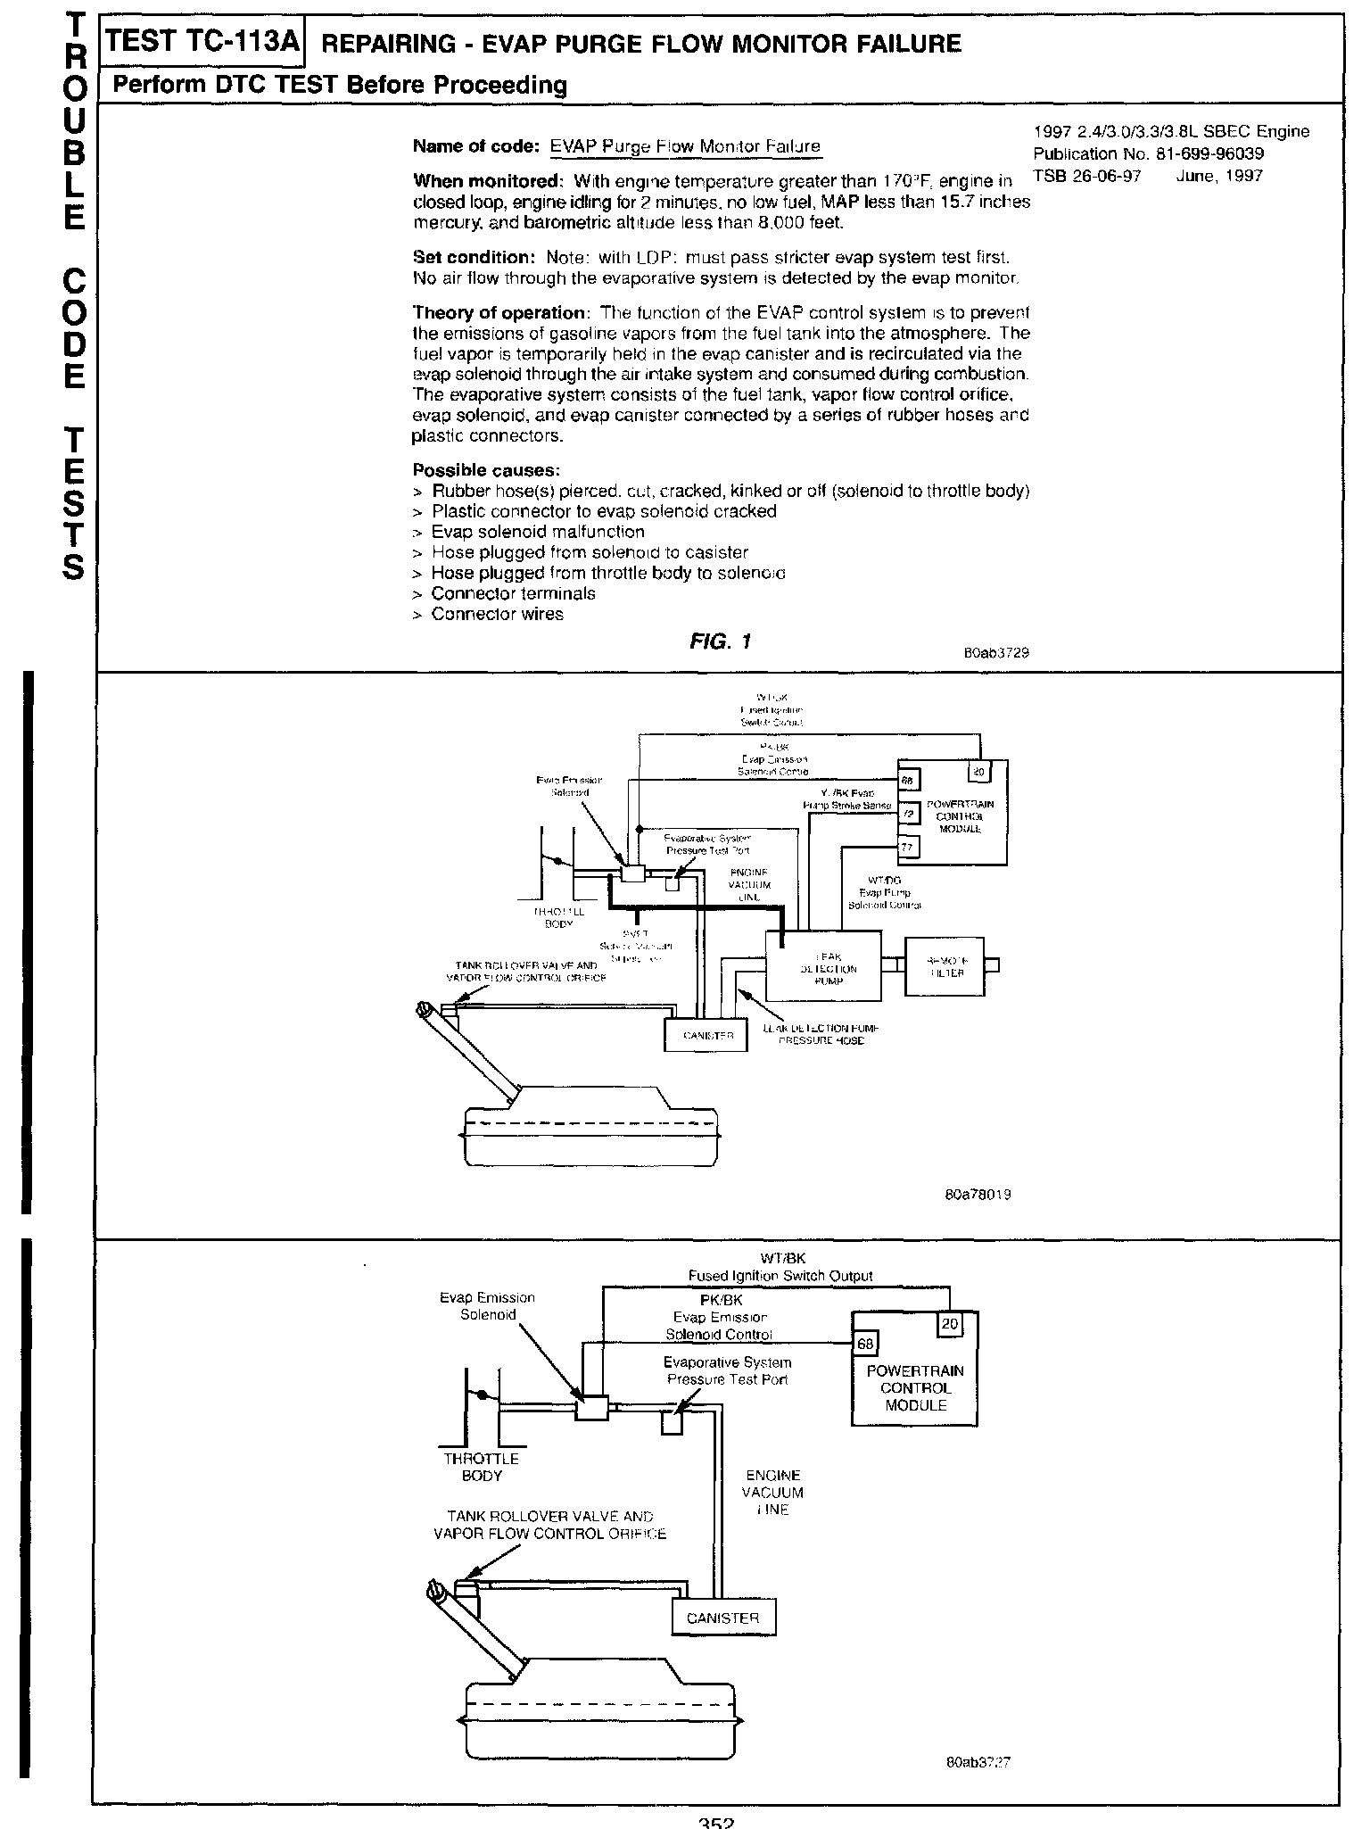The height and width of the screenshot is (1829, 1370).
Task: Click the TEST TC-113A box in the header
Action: [202, 42]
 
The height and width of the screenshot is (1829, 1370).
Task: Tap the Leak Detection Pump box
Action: [823, 966]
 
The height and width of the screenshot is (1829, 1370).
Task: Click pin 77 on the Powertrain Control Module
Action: [907, 847]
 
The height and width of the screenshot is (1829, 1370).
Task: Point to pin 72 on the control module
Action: [907, 813]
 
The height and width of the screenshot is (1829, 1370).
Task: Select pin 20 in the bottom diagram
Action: [949, 1324]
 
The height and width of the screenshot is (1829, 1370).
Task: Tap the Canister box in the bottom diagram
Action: [722, 1618]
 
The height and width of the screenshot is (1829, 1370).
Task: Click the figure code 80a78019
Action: [978, 1194]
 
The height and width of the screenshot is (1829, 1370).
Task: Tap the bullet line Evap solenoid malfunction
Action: [537, 532]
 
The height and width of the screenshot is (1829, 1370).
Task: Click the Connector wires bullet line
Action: [497, 614]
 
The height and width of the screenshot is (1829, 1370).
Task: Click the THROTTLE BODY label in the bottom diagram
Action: [482, 1467]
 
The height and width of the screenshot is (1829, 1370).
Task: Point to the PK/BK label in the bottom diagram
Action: [720, 1300]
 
